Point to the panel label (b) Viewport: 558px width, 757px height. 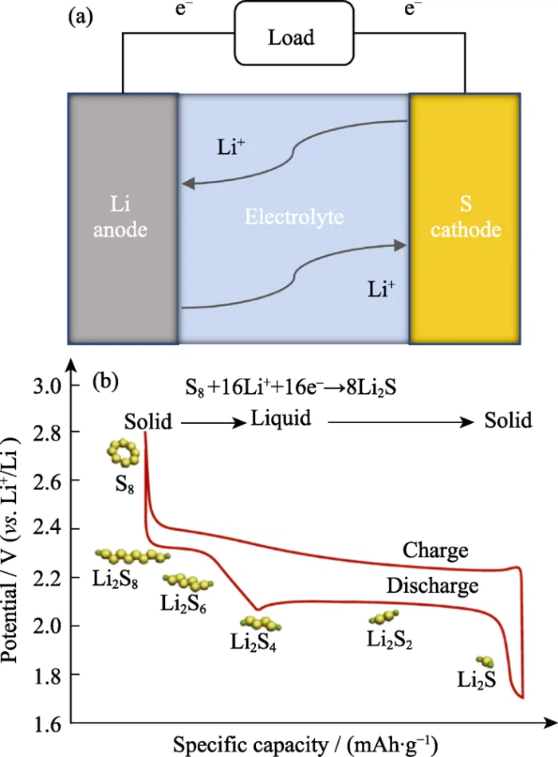tap(105, 382)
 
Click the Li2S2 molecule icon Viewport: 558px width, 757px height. tap(384, 617)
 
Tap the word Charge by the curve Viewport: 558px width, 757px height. tap(435, 550)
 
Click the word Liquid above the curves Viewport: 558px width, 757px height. tap(280, 419)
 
